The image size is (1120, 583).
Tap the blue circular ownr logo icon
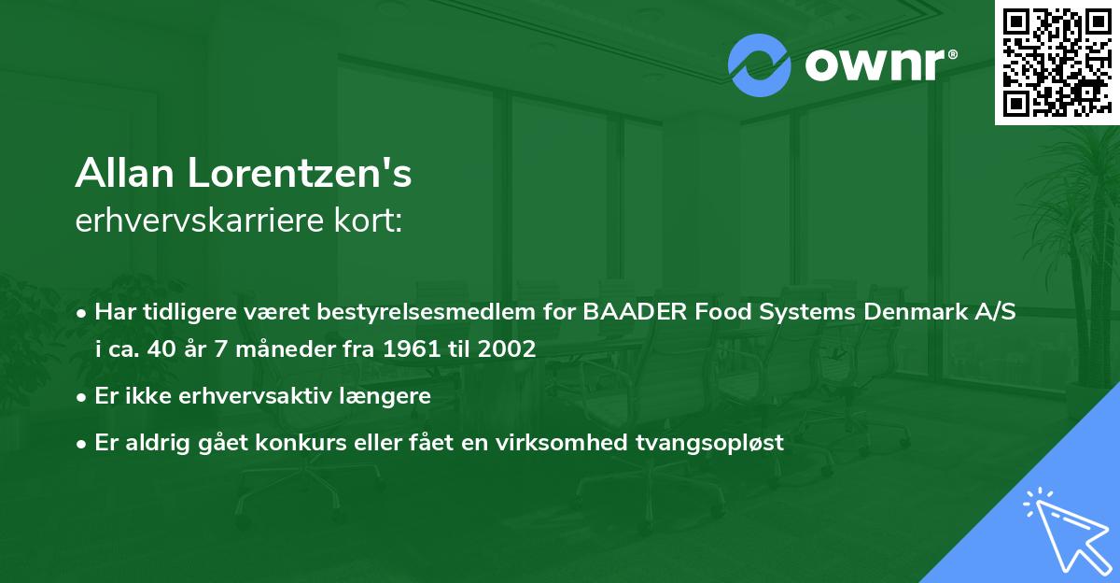click(x=760, y=64)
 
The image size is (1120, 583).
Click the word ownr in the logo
click(x=880, y=65)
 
